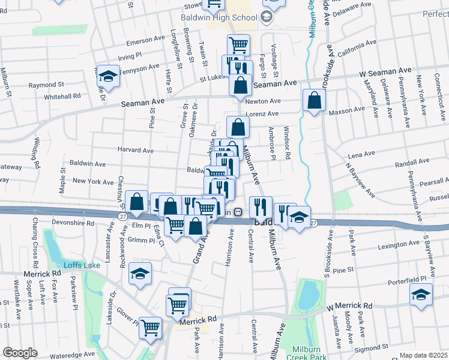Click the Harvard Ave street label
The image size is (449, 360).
click(x=136, y=150)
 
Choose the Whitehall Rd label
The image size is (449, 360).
click(x=62, y=96)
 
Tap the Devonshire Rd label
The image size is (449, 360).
click(x=73, y=223)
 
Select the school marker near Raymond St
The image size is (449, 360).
click(x=107, y=75)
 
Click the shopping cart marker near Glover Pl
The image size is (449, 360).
click(x=150, y=328)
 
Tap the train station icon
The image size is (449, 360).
click(x=238, y=211)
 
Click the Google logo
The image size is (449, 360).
click(x=20, y=353)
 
